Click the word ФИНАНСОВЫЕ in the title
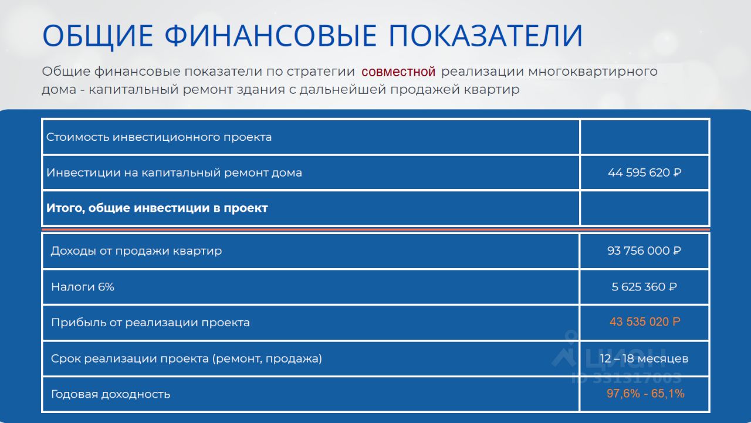pos(270,36)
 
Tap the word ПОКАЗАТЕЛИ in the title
pos(485,36)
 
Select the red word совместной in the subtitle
pos(398,72)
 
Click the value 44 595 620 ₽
pos(644,172)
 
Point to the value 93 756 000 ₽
pos(644,251)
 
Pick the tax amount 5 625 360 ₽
pos(644,287)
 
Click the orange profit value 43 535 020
pos(645,322)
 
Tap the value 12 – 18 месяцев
pos(644,358)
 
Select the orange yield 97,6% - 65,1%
pos(645,394)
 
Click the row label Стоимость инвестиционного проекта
pos(159,137)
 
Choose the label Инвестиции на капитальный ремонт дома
pos(174,172)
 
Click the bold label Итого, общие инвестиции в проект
pos(157,208)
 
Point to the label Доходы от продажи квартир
pos(136,251)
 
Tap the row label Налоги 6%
pos(83,287)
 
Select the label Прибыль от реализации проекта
pos(150,323)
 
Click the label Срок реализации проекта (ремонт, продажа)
pos(187,358)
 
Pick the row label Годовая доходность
pos(111,394)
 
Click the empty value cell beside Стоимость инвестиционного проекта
pos(644,137)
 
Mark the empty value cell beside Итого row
pos(644,208)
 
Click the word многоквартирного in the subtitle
pos(593,72)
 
